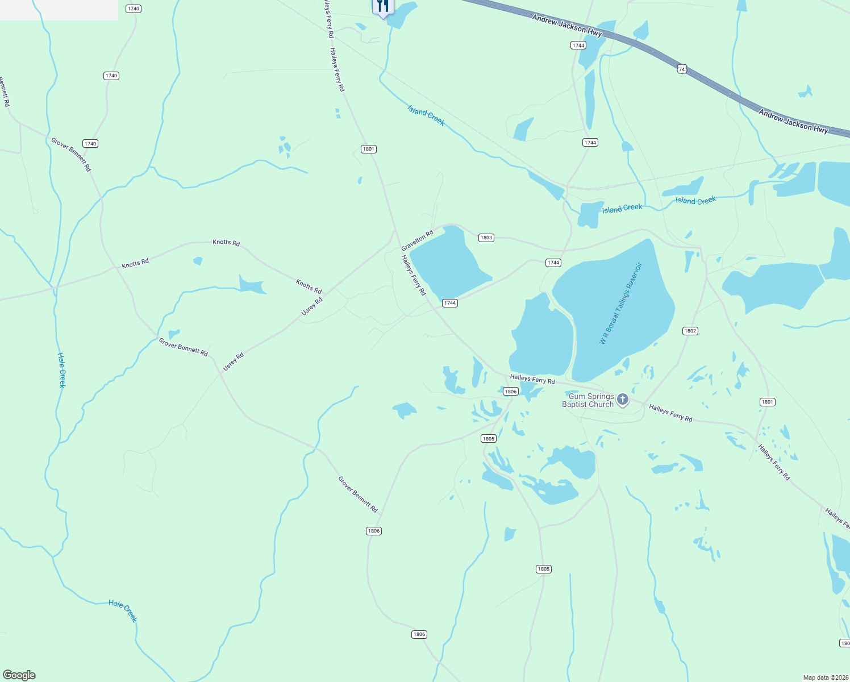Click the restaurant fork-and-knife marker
coord(383,7)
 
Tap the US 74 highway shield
coord(682,69)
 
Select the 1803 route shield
coord(486,238)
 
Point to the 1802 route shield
coord(690,331)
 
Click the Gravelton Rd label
coord(417,240)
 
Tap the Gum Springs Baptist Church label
coord(588,401)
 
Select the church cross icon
coord(623,400)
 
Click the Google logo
coord(19,675)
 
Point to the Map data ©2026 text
coord(824,677)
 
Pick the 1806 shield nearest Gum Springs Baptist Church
coord(511,392)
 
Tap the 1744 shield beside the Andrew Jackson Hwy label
coord(578,45)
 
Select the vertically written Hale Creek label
coord(62,370)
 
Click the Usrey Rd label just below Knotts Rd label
coord(312,306)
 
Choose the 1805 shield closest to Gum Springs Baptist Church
coord(489,438)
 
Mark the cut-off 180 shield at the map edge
coord(845,643)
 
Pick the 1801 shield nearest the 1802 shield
coord(767,402)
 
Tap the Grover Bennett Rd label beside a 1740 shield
coord(71,154)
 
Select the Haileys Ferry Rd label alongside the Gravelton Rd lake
coord(413,275)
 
